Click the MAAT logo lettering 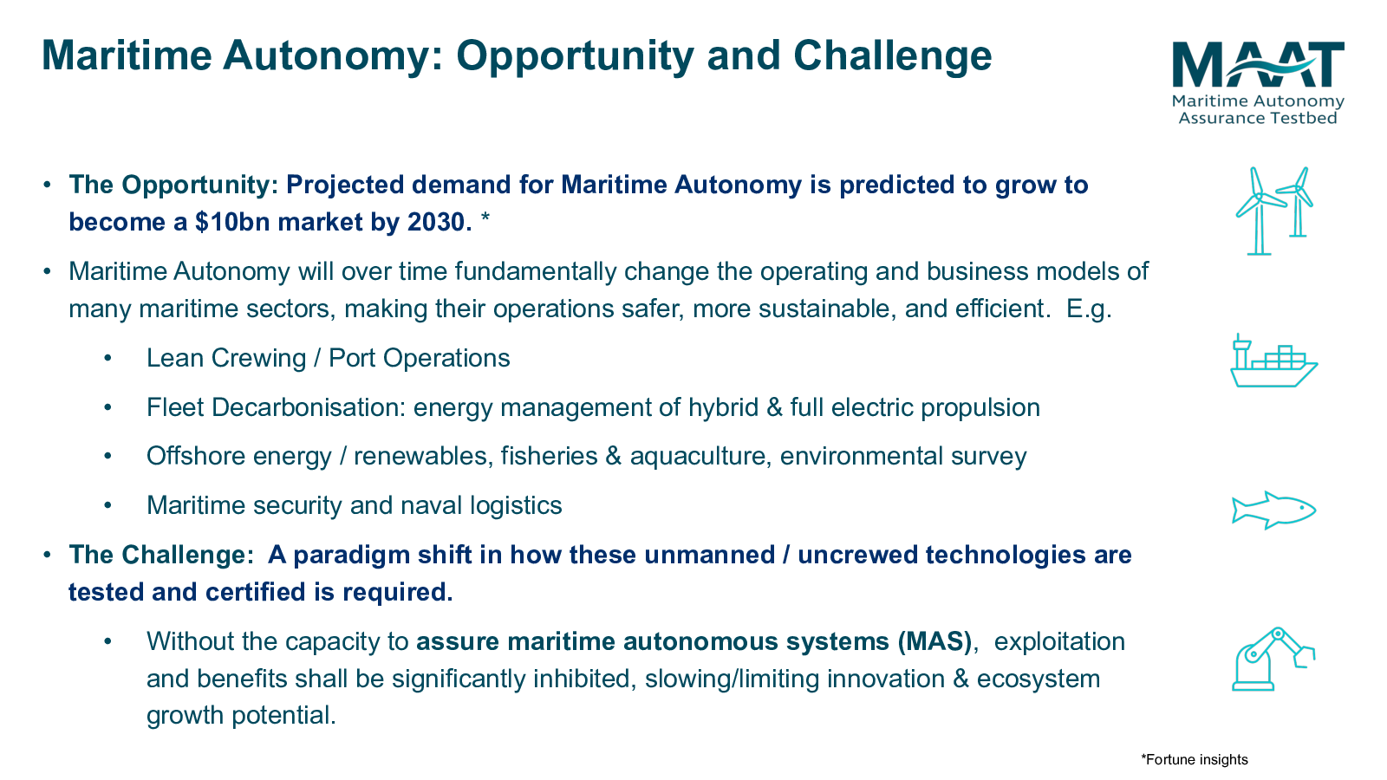pos(1258,64)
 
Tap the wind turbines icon pos(1274,211)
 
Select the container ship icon pos(1273,361)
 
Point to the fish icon pos(1273,510)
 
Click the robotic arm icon pos(1273,659)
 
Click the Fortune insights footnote pos(1195,759)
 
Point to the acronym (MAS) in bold pos(934,642)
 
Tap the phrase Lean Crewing pos(226,359)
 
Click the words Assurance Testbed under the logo pos(1258,118)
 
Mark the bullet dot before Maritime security pos(107,506)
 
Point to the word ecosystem pos(1039,679)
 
